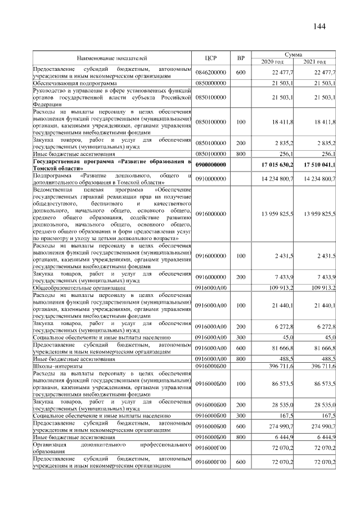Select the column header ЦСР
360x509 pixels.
coord(211,58)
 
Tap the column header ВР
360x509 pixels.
coord(241,58)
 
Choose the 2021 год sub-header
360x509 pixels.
coord(314,61)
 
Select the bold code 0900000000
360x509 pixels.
coord(211,164)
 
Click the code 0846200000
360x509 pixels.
coord(211,73)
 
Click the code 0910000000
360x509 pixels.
coord(211,179)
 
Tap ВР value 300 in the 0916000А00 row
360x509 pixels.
coord(241,339)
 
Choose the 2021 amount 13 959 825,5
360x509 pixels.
coord(319,214)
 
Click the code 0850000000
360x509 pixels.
coord(211,83)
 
